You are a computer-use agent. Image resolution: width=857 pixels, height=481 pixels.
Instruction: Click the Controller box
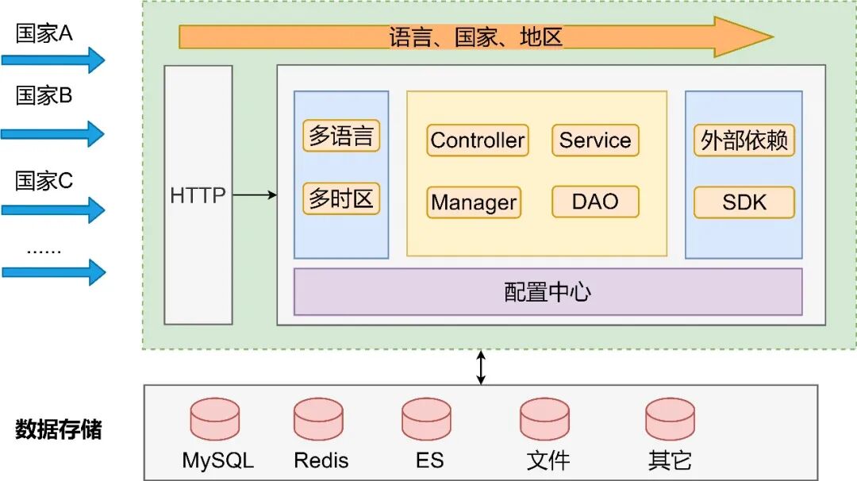[477, 140]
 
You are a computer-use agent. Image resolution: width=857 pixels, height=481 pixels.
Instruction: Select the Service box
[595, 140]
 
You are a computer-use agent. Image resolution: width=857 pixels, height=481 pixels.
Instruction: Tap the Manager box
[473, 202]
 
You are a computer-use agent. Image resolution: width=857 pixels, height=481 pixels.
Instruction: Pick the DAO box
[595, 202]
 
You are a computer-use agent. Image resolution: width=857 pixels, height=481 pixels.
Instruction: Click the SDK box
[744, 202]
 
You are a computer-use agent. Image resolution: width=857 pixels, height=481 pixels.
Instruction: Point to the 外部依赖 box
[744, 140]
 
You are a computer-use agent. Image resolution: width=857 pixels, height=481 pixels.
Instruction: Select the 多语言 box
[341, 136]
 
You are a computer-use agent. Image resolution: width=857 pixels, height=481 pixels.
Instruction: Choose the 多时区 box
[341, 198]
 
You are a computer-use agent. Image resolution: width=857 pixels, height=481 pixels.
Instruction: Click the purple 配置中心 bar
[548, 292]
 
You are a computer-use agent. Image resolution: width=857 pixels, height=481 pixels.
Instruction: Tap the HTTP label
[198, 195]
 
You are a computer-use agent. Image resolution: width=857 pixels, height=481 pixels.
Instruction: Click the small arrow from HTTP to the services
[255, 194]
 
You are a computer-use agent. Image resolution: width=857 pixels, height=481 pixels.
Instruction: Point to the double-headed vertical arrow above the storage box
[481, 367]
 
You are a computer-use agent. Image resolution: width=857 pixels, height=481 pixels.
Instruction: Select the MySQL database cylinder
[215, 419]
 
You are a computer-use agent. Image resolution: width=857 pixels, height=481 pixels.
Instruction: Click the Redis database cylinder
[319, 419]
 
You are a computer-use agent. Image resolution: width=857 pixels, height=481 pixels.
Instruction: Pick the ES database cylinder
[426, 419]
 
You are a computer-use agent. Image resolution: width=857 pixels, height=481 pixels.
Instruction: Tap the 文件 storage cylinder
[545, 419]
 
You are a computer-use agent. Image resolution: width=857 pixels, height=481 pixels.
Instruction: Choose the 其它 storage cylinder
[670, 419]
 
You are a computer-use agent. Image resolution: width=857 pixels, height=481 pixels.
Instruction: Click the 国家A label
[44, 33]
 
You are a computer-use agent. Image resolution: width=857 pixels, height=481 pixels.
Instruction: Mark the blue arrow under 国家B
[52, 134]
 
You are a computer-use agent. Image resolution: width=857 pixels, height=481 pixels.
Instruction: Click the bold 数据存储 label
[59, 429]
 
